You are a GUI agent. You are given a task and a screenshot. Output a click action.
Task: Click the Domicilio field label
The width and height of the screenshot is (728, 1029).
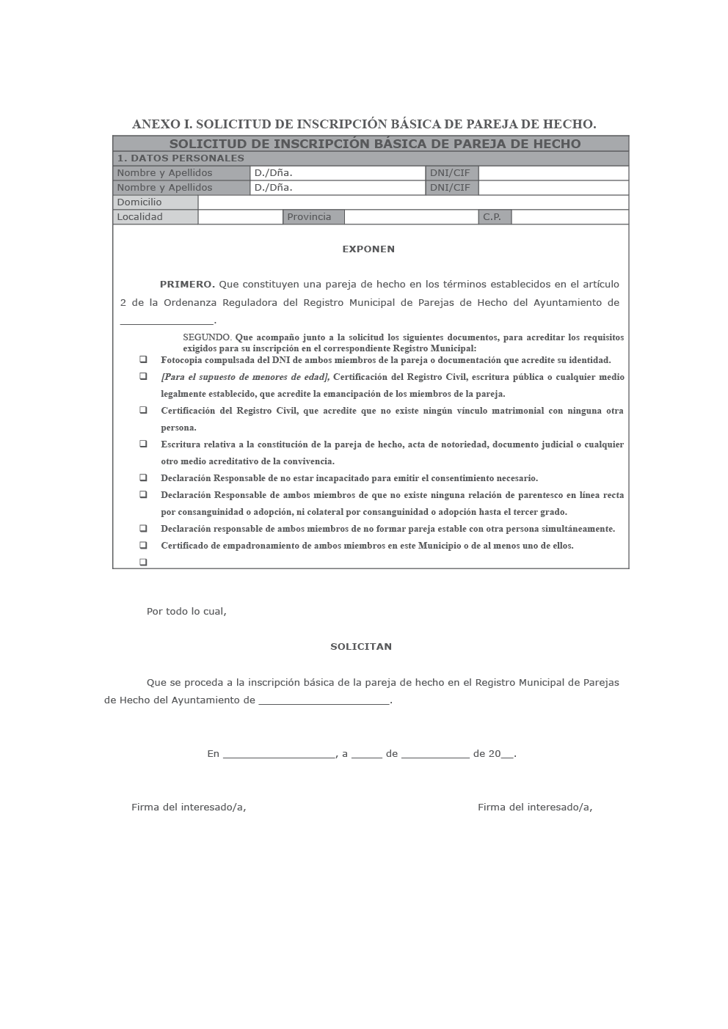pyautogui.click(x=139, y=202)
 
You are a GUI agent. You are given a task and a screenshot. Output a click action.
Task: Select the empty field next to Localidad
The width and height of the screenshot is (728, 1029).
pyautogui.click(x=240, y=217)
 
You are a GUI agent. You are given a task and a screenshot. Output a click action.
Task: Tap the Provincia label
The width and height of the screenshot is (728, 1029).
pyautogui.click(x=309, y=217)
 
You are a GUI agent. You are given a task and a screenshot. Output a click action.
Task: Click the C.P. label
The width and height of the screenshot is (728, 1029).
pyautogui.click(x=492, y=217)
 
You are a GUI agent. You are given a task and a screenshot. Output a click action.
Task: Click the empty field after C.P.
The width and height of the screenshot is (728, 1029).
pyautogui.click(x=569, y=217)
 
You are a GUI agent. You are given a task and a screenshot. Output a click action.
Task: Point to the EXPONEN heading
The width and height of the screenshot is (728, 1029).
pyautogui.click(x=368, y=249)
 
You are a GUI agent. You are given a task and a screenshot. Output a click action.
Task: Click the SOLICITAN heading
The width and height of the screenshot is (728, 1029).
pyautogui.click(x=361, y=647)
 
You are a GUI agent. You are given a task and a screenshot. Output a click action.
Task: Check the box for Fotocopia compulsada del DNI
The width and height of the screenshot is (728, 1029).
pyautogui.click(x=144, y=359)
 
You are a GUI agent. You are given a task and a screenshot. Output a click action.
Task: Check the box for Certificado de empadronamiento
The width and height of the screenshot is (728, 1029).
pyautogui.click(x=144, y=545)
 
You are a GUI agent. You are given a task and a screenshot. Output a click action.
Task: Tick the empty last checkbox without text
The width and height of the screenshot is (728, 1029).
pyautogui.click(x=144, y=562)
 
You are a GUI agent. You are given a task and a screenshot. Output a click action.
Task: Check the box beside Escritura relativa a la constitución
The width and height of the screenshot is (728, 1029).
pyautogui.click(x=144, y=444)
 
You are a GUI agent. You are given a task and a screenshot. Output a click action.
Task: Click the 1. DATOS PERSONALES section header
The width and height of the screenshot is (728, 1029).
pyautogui.click(x=181, y=158)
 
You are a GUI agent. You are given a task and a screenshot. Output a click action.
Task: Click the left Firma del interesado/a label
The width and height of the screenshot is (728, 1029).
pyautogui.click(x=189, y=808)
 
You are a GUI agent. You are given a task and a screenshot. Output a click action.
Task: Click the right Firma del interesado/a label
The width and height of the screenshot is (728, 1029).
pyautogui.click(x=535, y=808)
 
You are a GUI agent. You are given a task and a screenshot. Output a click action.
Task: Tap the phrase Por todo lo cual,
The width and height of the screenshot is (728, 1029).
pyautogui.click(x=186, y=612)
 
